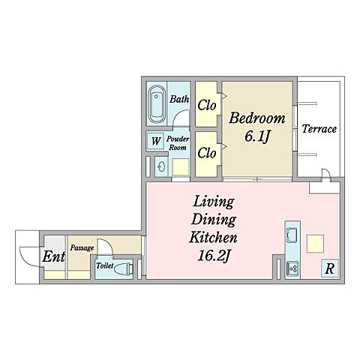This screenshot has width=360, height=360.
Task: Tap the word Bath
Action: pos(179,99)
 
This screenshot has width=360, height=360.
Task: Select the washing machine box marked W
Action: pos(155,141)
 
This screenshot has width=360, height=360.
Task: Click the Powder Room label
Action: pos(178,143)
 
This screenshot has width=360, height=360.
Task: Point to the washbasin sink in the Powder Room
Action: pos(161,166)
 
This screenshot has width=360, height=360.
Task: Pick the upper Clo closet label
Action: pos(207,105)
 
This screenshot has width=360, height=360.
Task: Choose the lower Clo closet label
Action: pos(207,153)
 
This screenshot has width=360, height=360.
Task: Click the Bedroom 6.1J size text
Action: pos(257,136)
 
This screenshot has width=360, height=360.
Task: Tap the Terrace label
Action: pos(319,129)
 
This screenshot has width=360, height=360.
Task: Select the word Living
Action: pos(214,202)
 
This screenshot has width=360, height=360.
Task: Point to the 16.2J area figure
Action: pos(213,256)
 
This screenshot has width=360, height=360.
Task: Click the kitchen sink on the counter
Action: pos(292,235)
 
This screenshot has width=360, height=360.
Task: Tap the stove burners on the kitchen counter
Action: pos(292,268)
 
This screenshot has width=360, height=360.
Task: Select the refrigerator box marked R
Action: pos(330,268)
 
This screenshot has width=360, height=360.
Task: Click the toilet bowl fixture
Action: pos(123,268)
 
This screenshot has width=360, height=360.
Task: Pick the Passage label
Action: pos(82,247)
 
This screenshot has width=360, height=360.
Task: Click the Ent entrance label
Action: pos(54,256)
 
